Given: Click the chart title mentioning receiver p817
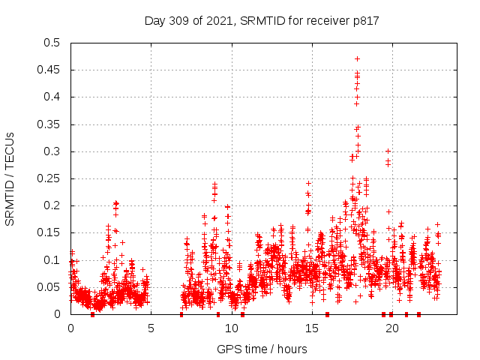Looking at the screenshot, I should (262, 20).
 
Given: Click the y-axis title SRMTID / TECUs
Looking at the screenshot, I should (10, 179).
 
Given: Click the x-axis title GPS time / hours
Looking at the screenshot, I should (262, 349).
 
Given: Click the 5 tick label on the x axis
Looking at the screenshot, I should (151, 328).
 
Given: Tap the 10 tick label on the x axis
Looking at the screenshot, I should (231, 328).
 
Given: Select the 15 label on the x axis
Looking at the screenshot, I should (311, 328).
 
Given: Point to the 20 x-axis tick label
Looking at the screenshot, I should (391, 328).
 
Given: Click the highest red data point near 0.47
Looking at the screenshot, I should (357, 58).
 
